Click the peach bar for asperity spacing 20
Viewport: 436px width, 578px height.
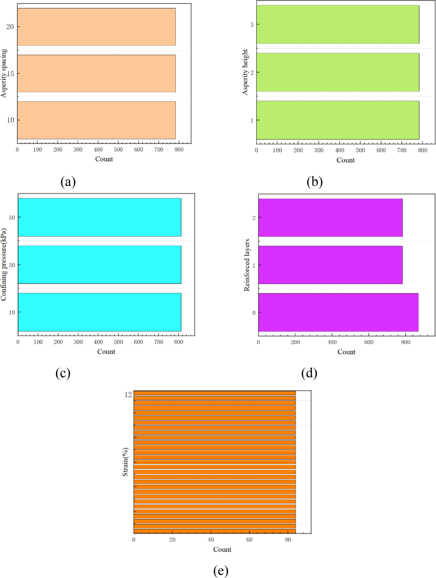pos(96,27)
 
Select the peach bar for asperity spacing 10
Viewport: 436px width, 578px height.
pos(96,120)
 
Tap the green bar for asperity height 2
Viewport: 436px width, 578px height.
pos(337,72)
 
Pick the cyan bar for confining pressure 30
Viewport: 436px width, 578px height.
pos(99,264)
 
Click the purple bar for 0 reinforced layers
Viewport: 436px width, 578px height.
pos(338,312)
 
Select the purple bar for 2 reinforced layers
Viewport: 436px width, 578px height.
pos(330,217)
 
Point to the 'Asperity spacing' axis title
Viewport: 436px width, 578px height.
pos(4,73)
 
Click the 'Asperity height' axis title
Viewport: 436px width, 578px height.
pos(245,72)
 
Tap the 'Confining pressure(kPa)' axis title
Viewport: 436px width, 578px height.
pos(3,264)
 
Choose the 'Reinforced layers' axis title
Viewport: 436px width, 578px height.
pos(247,265)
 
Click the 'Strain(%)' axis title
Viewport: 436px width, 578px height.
pos(125,462)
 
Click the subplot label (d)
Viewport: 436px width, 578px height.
pos(309,373)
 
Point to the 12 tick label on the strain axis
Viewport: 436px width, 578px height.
pos(128,395)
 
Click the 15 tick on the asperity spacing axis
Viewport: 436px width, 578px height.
pos(10,74)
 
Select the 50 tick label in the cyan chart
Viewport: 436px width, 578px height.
pos(12,217)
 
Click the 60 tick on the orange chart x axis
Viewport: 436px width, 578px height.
pos(249,540)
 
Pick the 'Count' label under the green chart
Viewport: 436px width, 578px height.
pos(346,160)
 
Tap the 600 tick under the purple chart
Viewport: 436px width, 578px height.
pos(369,342)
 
